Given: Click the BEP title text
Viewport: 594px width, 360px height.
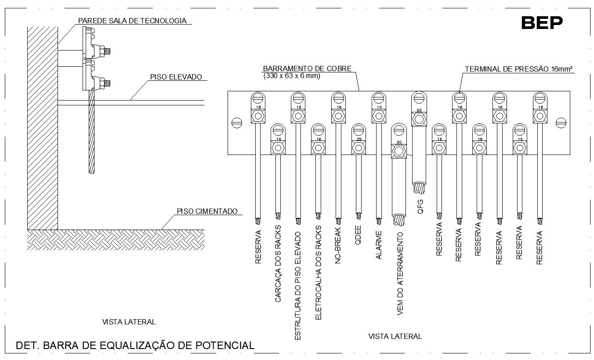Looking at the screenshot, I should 542,22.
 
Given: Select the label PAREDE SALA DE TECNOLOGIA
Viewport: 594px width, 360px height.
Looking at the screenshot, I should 132,21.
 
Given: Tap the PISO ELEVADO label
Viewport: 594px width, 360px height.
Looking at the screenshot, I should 176,77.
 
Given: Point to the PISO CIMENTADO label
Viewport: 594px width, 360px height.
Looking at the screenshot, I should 207,211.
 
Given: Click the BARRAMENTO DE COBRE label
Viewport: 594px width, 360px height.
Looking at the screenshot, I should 307,68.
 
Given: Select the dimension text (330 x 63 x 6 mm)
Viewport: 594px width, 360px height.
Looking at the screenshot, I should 292,76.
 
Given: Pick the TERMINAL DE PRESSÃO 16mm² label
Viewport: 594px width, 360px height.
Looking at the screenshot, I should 520,69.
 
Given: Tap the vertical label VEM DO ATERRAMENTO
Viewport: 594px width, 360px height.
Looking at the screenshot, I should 400,274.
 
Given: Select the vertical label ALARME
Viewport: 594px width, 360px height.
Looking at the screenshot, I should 379,245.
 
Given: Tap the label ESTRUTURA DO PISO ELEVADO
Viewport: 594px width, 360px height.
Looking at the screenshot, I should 297,286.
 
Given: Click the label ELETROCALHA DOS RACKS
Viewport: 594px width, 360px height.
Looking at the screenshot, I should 319,273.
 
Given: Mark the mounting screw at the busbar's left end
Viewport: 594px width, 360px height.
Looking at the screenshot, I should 236,122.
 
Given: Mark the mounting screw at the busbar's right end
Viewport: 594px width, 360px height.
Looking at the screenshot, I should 561,122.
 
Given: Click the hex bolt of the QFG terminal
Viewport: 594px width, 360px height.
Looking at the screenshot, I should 419,119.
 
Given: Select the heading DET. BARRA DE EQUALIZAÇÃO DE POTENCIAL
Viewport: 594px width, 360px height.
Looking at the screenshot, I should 135,346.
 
